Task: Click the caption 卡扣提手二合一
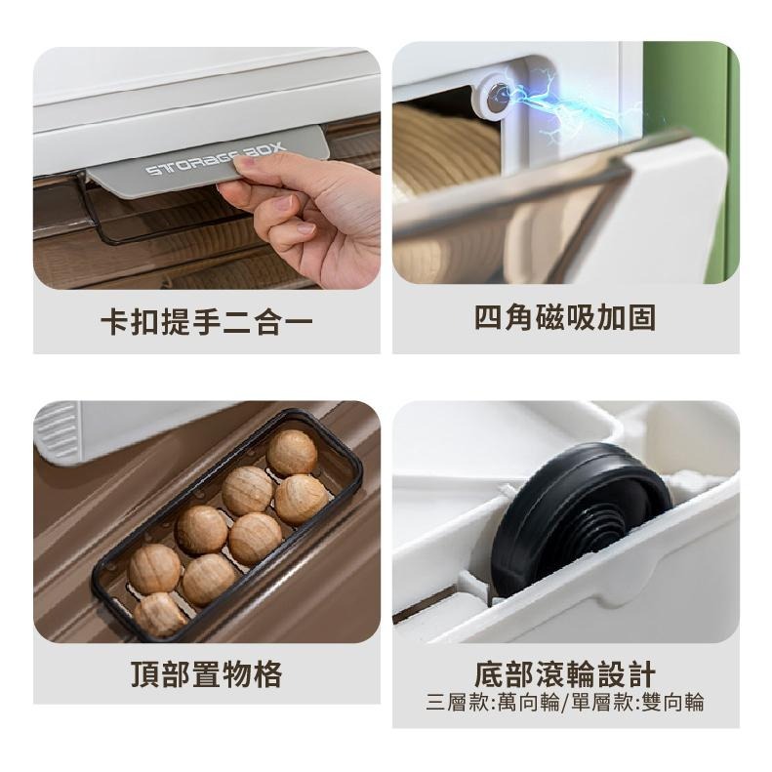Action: coord(207,321)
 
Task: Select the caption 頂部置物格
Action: coord(207,674)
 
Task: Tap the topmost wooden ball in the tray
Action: coord(292,452)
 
